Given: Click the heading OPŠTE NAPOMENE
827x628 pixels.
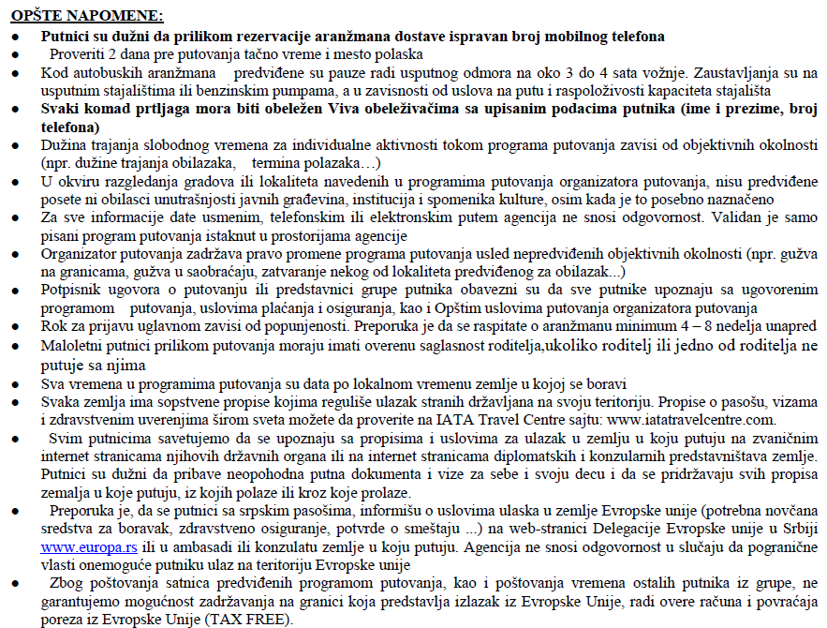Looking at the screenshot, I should [x=87, y=16].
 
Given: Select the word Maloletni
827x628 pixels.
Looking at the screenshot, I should [x=73, y=347].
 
